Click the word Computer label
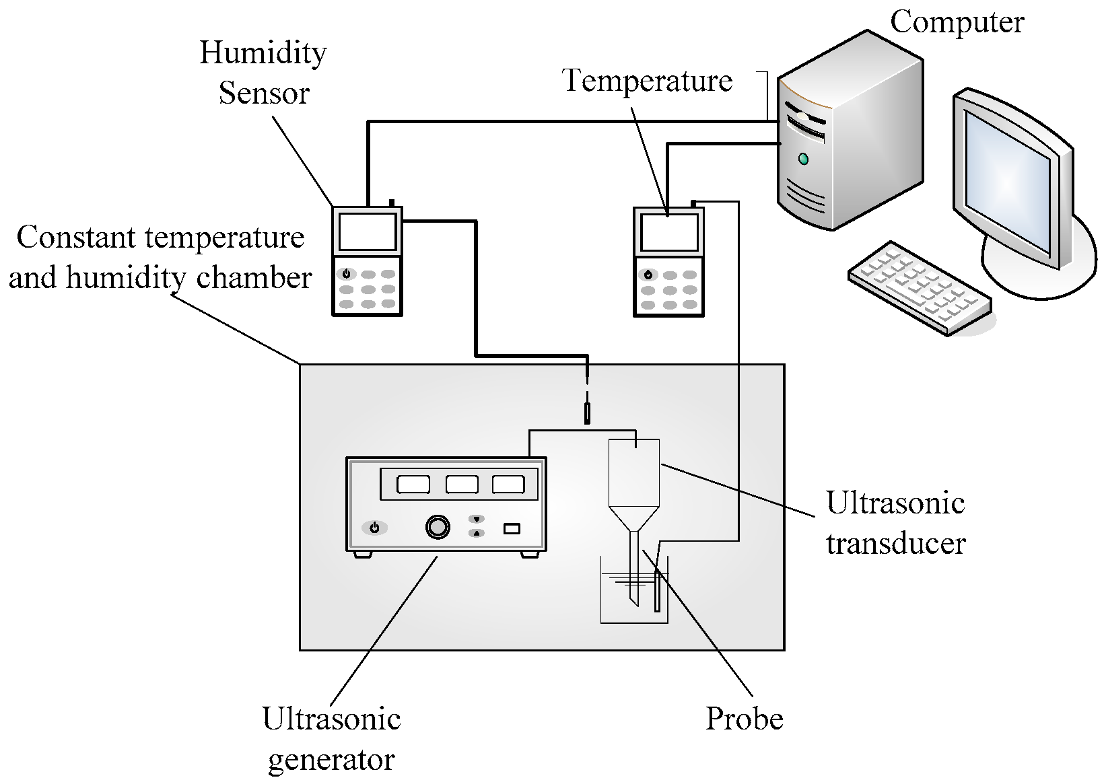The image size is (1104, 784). click(957, 22)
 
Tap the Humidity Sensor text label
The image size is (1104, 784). click(263, 73)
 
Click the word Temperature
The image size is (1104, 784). click(647, 81)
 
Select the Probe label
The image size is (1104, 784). click(744, 719)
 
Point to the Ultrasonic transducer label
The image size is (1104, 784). click(896, 523)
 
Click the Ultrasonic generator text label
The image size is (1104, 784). click(331, 739)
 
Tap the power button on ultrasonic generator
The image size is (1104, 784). click(374, 528)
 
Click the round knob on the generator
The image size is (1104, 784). click(438, 527)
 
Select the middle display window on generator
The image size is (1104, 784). click(462, 485)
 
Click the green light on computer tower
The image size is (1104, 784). click(802, 159)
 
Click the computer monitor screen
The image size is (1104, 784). click(1006, 178)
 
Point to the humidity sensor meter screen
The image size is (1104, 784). click(367, 231)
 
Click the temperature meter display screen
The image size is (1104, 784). click(668, 232)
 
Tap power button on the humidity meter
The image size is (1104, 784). click(346, 274)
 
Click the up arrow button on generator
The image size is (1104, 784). click(477, 533)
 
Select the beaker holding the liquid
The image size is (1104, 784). click(633, 599)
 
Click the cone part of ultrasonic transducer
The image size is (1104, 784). click(633, 518)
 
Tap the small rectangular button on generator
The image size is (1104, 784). click(512, 528)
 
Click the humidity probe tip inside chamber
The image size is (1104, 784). click(588, 413)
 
